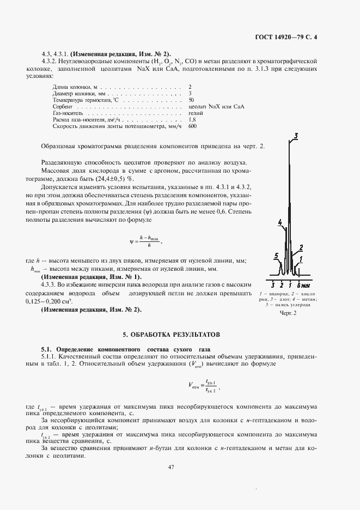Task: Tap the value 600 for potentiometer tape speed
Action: click(192, 126)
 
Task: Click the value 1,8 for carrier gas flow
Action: click(192, 119)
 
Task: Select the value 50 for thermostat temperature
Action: click(191, 100)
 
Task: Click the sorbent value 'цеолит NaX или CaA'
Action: click(215, 107)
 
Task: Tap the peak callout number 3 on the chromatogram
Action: click(295, 136)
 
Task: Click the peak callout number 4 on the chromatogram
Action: click(279, 222)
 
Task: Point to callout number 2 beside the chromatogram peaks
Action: click(301, 247)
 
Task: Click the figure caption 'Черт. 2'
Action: click(288, 313)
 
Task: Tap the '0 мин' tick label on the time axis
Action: click(302, 285)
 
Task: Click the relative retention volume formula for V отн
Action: click(204, 386)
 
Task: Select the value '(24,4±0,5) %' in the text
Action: click(114, 178)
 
